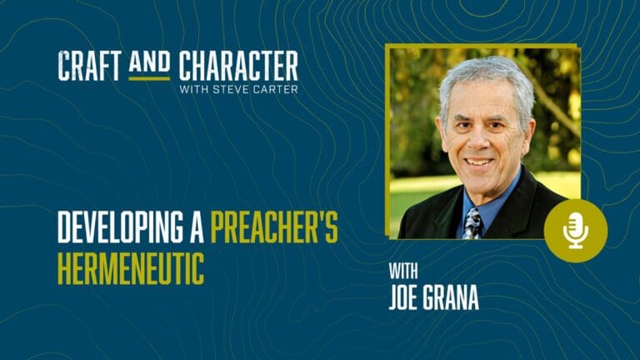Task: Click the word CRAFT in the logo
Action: click(x=90, y=65)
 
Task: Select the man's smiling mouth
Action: click(x=480, y=162)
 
